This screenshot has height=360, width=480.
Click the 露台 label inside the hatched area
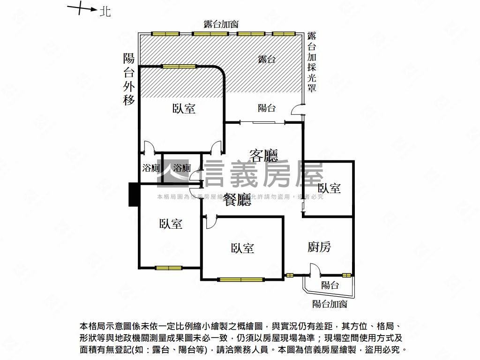point(267,59)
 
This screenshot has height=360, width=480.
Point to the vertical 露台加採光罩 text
point(312,62)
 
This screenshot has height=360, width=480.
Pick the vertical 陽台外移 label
point(129,79)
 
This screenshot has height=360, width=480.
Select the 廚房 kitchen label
point(319,247)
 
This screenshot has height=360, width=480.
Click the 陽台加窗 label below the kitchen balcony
point(330,304)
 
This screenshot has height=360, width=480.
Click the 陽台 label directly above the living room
point(267,108)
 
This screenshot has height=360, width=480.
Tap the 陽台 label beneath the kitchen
point(330,285)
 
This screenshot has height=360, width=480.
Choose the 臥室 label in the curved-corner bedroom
point(184,109)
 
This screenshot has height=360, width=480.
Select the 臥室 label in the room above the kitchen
point(329,188)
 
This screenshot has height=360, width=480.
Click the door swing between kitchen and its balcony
point(314,270)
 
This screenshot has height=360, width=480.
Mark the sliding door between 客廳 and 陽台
point(262,122)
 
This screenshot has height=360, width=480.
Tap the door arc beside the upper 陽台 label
point(296,110)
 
